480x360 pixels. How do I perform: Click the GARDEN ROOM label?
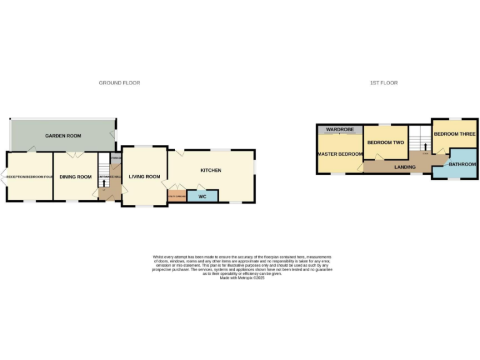point(62,136)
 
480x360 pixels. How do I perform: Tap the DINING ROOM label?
point(76,177)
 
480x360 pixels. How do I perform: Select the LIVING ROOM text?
point(144,177)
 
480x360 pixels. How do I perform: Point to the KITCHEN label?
point(211,171)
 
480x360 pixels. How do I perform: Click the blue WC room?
point(202,196)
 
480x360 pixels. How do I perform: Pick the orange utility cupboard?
point(177,196)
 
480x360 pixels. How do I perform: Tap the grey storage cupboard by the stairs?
point(116,157)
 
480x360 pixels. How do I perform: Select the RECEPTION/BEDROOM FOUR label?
point(29,177)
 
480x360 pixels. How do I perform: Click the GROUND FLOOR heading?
point(119,82)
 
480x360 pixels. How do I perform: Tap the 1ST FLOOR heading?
point(384,82)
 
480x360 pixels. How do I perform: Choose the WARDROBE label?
point(339,129)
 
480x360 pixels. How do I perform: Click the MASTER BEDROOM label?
point(340,154)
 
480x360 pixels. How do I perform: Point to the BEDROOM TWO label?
point(386,142)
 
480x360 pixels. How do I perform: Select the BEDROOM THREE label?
point(454,134)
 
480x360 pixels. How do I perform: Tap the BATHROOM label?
point(462,164)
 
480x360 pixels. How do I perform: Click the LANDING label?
point(405,167)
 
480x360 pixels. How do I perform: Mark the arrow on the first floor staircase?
point(426,147)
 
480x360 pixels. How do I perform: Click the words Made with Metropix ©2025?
point(242,277)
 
